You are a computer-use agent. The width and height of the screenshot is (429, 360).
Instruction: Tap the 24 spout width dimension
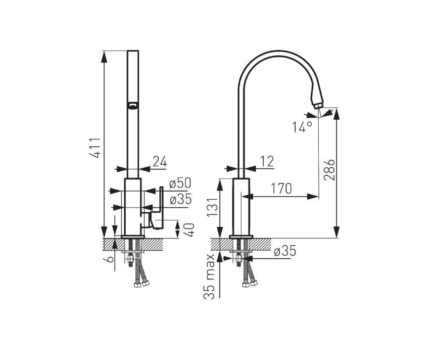coord(160,161)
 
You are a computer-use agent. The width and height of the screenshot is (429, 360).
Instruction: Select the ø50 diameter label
coord(180,183)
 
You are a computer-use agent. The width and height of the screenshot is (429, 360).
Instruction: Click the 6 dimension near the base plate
coord(109,259)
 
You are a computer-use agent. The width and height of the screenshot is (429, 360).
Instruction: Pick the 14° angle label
coord(302,127)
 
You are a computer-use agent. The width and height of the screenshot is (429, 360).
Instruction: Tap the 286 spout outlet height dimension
coord(329,170)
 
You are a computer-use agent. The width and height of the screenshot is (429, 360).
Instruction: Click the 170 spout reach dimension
coord(281,188)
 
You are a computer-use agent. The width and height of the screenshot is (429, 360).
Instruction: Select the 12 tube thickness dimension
coord(267,161)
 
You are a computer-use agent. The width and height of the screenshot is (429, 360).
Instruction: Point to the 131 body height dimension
coord(212,207)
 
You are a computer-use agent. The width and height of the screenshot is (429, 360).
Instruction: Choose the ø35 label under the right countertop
coord(285,251)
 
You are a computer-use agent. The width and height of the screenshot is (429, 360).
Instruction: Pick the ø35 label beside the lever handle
coord(181,199)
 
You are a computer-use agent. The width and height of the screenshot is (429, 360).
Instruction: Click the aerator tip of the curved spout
coord(319,105)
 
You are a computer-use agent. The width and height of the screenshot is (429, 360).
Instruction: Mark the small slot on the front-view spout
coord(133,106)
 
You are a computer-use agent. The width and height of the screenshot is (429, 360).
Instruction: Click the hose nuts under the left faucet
coord(142,284)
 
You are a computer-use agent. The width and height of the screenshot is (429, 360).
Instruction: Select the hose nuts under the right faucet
coord(250,284)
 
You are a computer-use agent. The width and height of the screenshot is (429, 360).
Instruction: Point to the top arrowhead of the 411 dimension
coord(104,57)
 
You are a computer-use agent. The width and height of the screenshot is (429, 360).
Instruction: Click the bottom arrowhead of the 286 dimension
coord(337,232)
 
